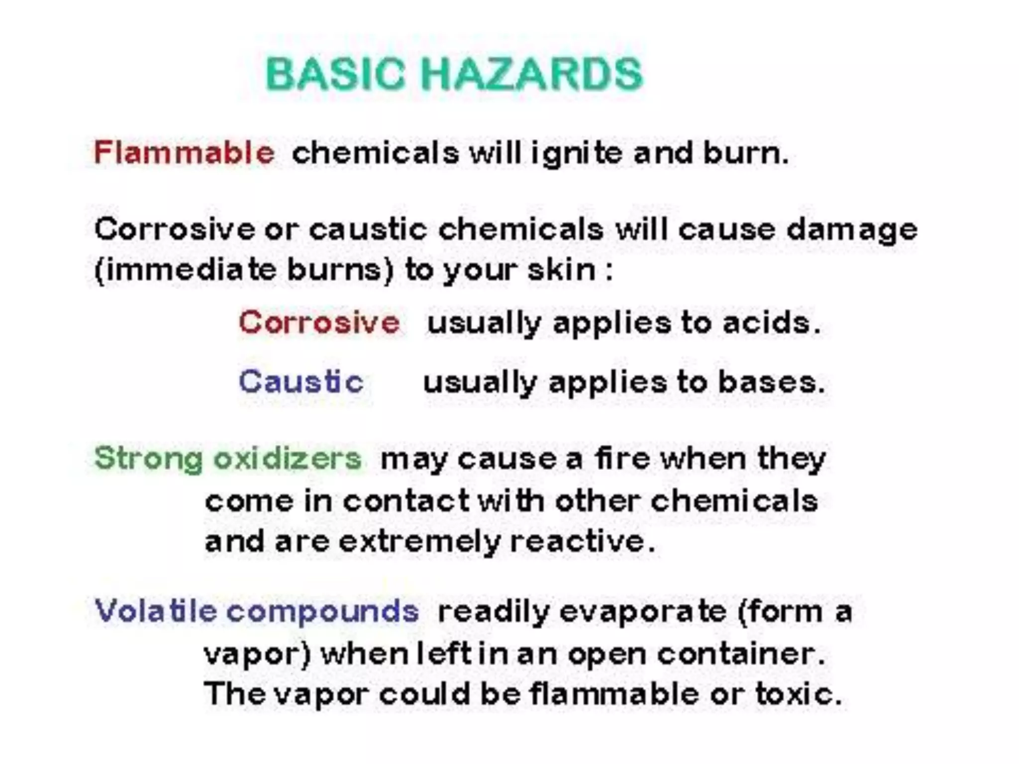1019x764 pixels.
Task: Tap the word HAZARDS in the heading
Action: [532, 74]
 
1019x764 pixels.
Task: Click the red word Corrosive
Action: [319, 322]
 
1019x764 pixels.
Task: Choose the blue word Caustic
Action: [301, 382]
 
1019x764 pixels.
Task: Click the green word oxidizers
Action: [287, 458]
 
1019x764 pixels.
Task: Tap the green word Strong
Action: [148, 459]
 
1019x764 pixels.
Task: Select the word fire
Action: [622, 458]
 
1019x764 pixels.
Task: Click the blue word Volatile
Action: [155, 611]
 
